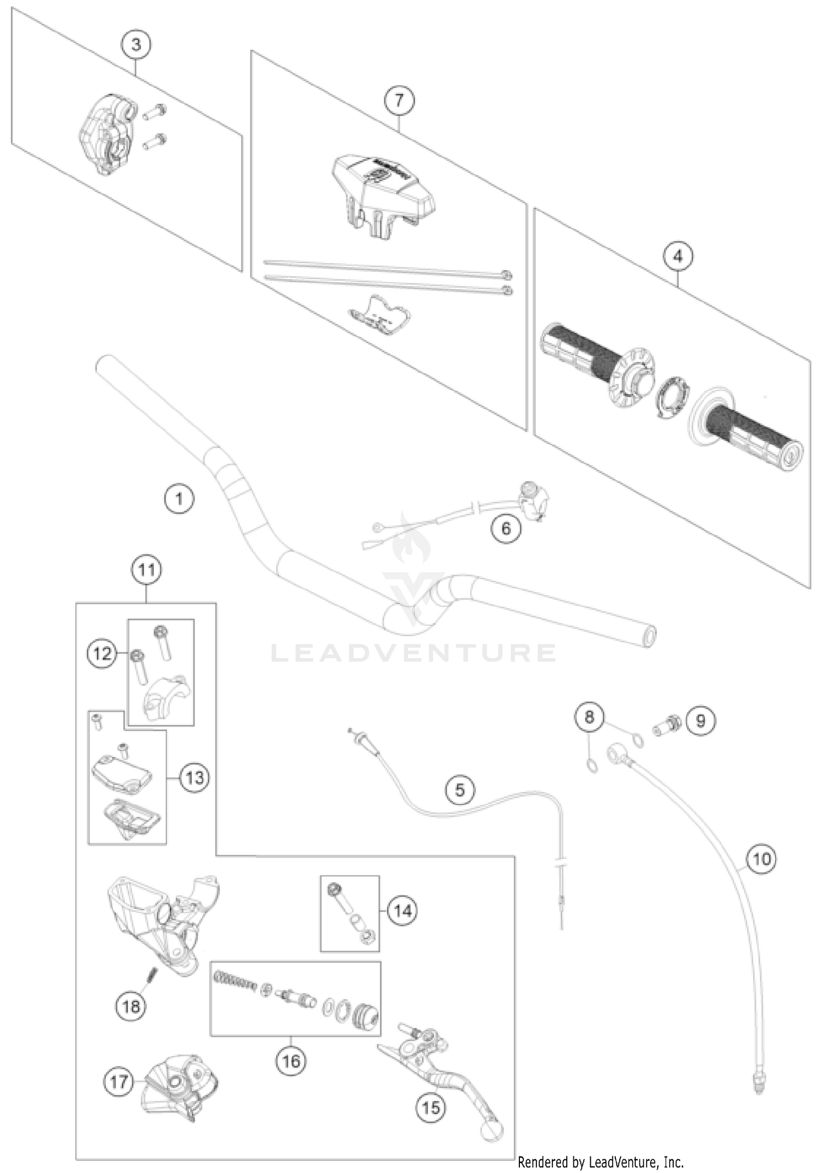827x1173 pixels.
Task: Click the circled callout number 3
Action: point(136,44)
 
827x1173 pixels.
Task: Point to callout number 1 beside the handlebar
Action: point(179,499)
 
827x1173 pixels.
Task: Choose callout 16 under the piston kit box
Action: point(291,1061)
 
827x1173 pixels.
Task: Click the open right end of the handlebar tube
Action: point(649,636)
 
